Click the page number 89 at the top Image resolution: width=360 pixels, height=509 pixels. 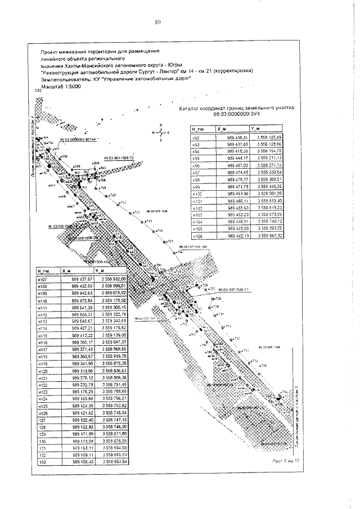(x=158, y=22)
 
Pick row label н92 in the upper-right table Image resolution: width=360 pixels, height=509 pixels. (x=197, y=137)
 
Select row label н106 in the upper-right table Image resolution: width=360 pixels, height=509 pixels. (x=197, y=237)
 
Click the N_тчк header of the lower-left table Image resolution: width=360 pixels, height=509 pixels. (x=45, y=270)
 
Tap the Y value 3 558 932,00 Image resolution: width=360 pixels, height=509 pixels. (x=114, y=278)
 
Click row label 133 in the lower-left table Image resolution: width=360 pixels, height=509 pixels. (x=40, y=461)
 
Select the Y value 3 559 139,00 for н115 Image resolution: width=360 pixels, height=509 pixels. (x=114, y=335)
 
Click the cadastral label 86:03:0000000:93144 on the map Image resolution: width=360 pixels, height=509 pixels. (x=78, y=138)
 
